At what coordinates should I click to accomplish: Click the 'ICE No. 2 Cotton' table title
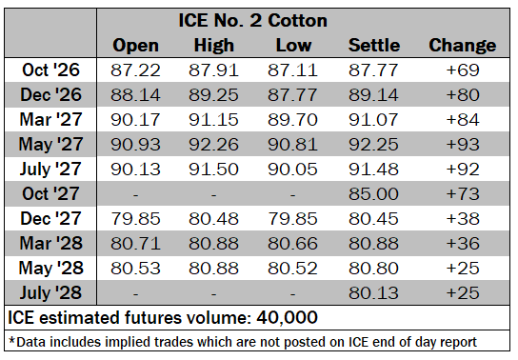(x=252, y=21)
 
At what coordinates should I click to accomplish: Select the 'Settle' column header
(x=374, y=46)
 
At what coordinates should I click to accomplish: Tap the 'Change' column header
(x=463, y=46)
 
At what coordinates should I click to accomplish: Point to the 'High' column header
(x=213, y=46)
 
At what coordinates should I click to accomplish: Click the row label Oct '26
(x=50, y=70)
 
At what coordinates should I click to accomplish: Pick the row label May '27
(x=50, y=145)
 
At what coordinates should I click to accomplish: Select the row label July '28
(x=50, y=293)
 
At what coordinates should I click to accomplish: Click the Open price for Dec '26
(x=135, y=95)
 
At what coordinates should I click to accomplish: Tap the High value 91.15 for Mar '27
(x=213, y=120)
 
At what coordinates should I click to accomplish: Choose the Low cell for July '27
(x=292, y=170)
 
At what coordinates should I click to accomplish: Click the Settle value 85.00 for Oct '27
(x=373, y=194)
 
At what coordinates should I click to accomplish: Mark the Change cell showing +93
(x=463, y=145)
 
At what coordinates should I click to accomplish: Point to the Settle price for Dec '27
(x=373, y=219)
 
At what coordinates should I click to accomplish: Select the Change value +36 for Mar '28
(x=463, y=244)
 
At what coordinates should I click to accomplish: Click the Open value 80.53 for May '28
(x=135, y=269)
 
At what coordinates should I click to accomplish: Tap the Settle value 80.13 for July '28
(x=373, y=293)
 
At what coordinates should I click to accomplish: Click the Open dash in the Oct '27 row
(x=135, y=195)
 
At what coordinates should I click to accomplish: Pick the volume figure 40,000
(x=287, y=318)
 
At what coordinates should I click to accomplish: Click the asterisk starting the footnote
(x=12, y=341)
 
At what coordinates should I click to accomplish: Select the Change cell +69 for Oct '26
(x=463, y=70)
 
